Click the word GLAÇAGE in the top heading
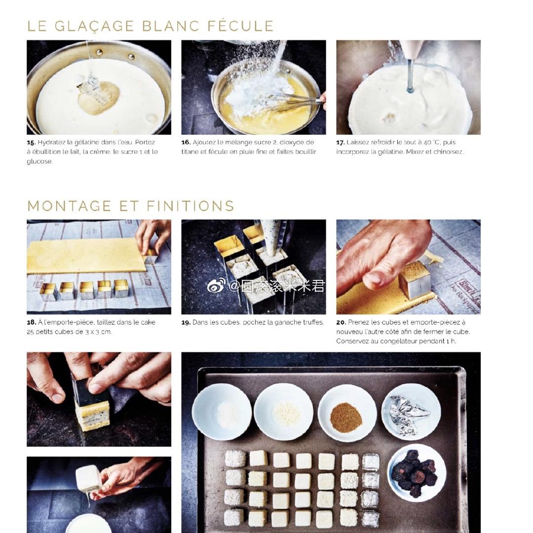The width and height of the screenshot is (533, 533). [x=94, y=27]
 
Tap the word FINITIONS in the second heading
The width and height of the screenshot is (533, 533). [x=190, y=206]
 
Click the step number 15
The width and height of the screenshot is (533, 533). [x=31, y=143]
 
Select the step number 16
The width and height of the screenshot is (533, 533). [x=186, y=143]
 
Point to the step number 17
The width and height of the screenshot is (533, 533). [x=340, y=143]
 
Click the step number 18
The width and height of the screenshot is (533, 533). [x=31, y=322]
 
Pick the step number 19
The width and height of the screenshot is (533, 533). [x=186, y=322]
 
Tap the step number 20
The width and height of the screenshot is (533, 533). [x=341, y=322]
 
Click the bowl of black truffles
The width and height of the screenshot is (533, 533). [x=417, y=473]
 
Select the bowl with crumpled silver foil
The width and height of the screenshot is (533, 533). [x=411, y=412]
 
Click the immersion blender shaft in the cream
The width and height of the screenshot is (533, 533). [x=411, y=76]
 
